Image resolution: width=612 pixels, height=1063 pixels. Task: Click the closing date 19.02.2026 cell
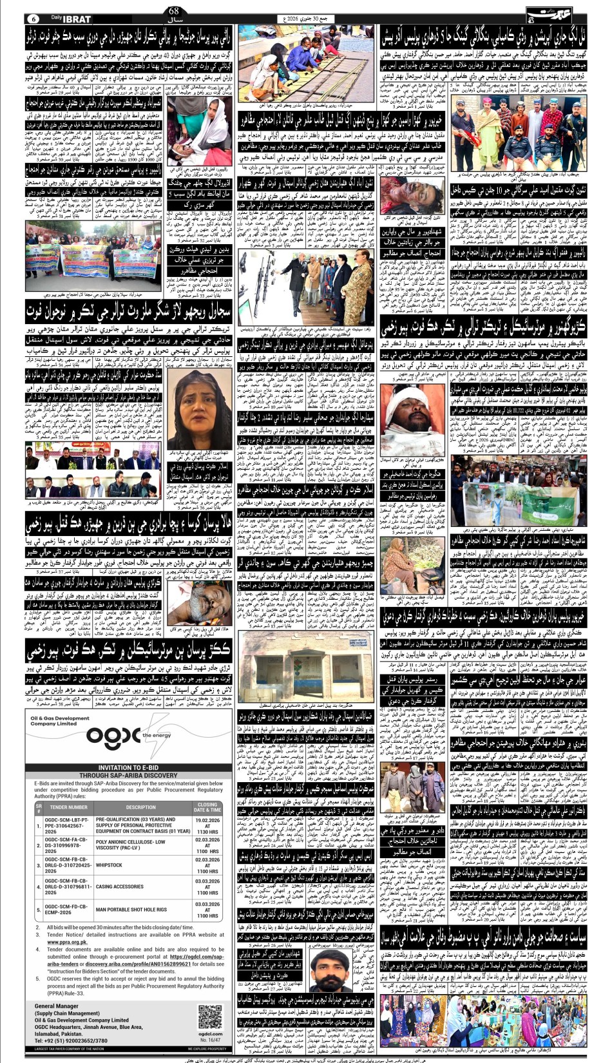[x=207, y=827]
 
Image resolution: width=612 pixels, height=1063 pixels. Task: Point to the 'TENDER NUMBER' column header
[x=68, y=807]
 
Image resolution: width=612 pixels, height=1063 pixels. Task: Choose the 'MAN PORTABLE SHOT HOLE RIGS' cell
[x=131, y=910]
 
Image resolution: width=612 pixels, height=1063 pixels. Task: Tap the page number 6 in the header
[x=33, y=18]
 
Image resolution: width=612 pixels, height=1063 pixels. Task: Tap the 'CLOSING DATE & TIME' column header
[x=207, y=807]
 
